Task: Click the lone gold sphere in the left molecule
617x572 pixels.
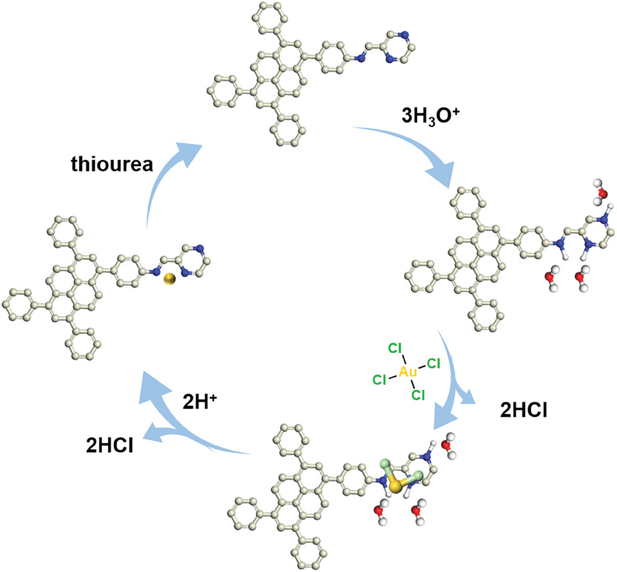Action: [170, 280]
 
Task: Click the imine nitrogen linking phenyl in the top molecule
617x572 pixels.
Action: [356, 59]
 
